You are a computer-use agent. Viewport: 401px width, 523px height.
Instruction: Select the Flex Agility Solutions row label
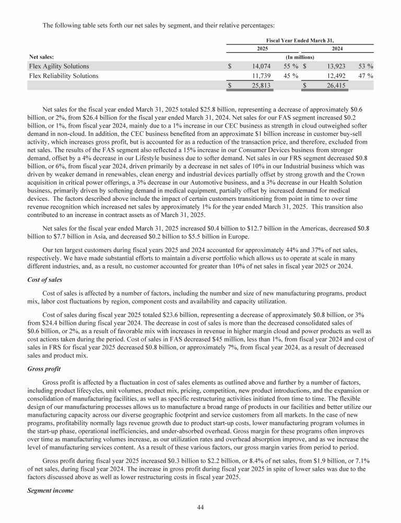[59, 66]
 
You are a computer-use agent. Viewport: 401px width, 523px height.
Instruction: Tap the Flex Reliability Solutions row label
[64, 76]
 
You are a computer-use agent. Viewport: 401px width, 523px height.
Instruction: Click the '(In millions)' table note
[299, 57]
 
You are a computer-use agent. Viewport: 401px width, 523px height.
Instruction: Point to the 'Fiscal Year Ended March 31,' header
[300, 40]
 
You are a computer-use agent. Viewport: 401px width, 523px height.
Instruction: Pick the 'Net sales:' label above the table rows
[41, 57]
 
